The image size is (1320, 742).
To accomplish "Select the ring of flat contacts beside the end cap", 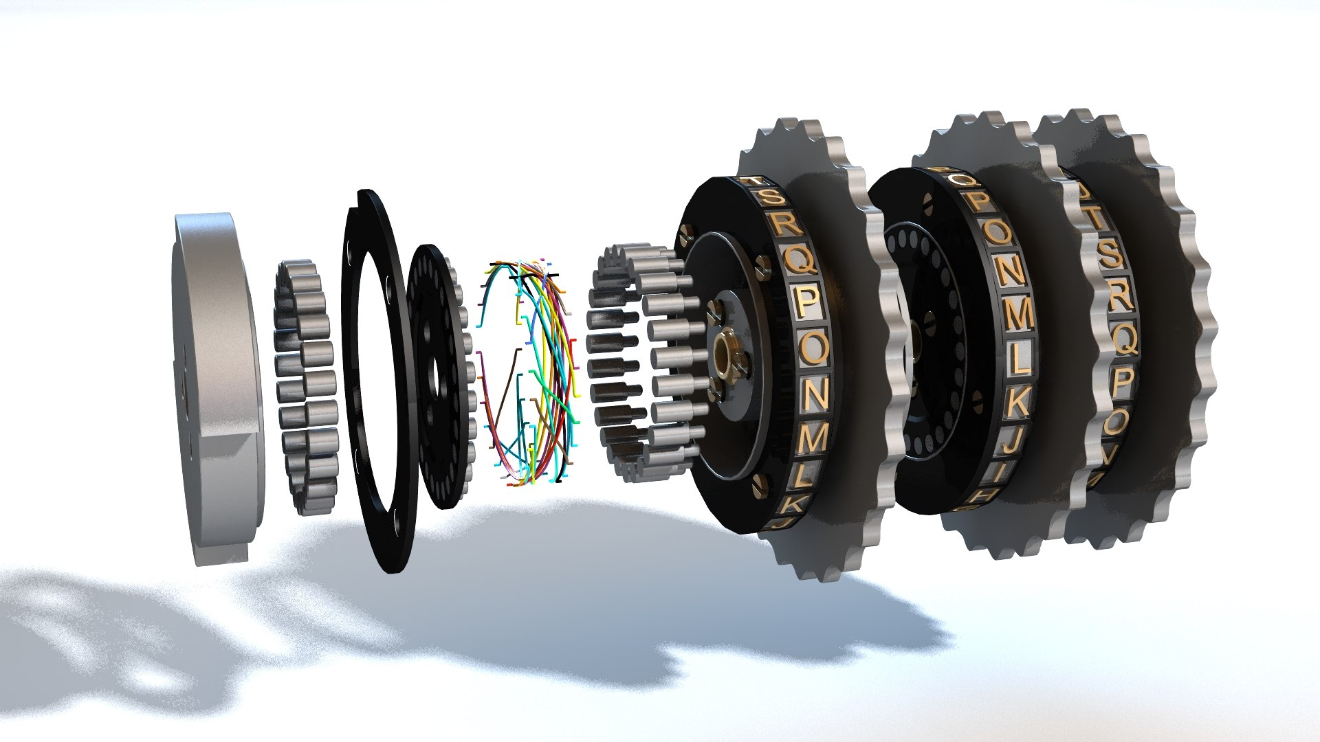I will tap(306, 388).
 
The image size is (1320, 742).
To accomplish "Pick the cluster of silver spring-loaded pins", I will tap(639, 364).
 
